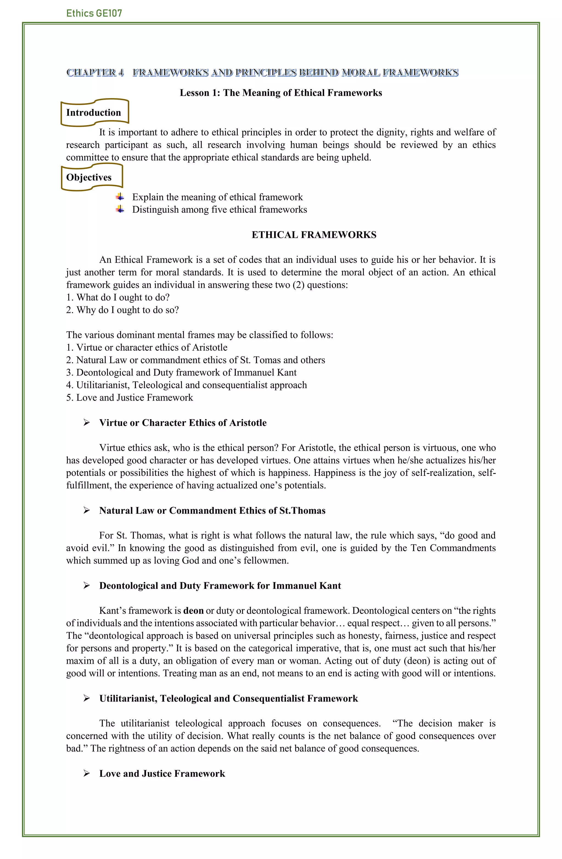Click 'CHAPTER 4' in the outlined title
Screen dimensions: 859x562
95,73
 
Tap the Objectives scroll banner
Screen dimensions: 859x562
91,177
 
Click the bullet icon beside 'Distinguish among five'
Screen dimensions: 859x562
120,209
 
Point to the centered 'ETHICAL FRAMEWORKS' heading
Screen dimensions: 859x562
313,235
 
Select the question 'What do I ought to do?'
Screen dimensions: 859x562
118,297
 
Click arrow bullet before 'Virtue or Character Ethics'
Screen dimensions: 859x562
87,423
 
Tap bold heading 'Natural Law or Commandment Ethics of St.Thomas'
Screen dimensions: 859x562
212,510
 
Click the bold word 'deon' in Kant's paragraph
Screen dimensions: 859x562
193,611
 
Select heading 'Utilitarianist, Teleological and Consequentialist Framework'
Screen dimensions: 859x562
228,698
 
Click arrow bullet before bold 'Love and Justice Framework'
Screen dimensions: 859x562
87,773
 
